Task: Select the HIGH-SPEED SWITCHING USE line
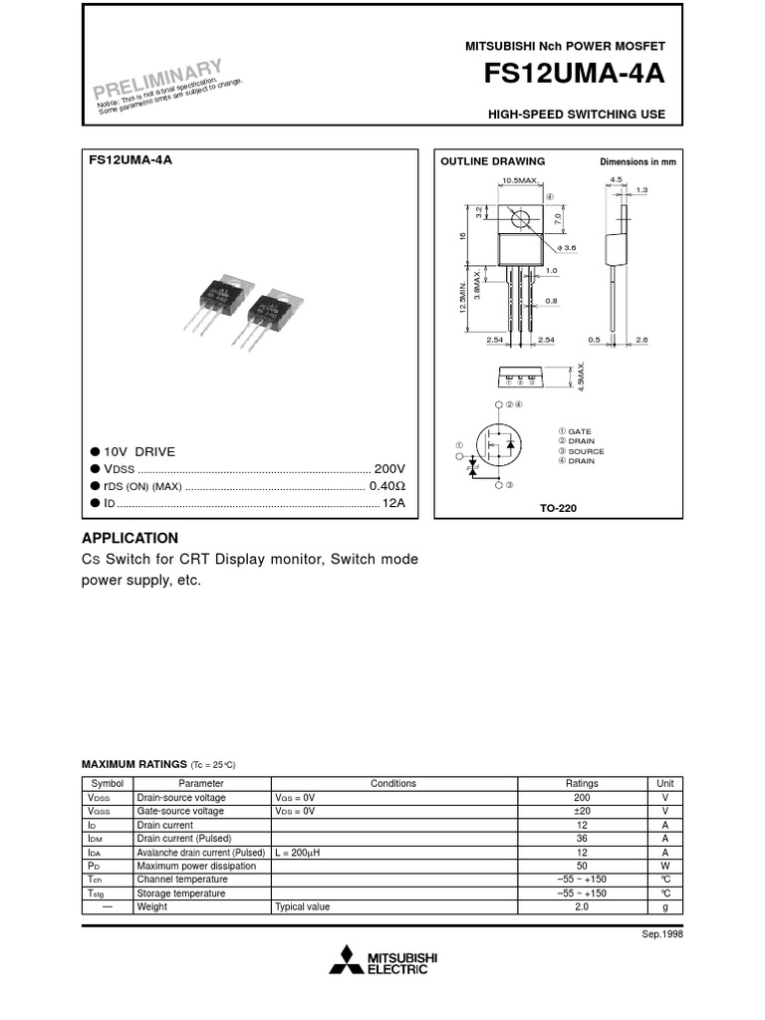click(x=576, y=115)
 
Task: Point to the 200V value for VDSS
click(x=390, y=468)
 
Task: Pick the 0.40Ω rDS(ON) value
click(x=388, y=486)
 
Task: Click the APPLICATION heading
click(x=129, y=538)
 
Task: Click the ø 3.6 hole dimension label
click(x=568, y=247)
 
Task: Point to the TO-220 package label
click(x=558, y=508)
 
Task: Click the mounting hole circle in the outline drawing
click(x=519, y=219)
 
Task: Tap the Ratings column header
click(x=582, y=783)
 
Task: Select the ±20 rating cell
click(x=582, y=812)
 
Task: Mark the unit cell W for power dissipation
click(x=664, y=867)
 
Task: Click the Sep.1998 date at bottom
click(x=663, y=934)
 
